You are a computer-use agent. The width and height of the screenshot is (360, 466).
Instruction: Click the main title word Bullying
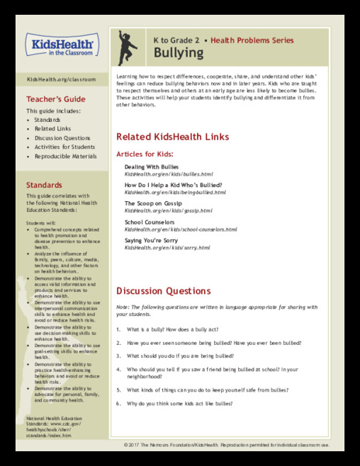[x=178, y=53]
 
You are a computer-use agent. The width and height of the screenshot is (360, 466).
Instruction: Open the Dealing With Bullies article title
[x=151, y=167]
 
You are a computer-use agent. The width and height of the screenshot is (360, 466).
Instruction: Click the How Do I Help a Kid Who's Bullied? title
[x=175, y=185]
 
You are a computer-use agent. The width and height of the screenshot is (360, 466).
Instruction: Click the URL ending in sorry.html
[x=167, y=248]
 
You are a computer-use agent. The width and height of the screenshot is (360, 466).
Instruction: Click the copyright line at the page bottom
[x=237, y=444]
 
